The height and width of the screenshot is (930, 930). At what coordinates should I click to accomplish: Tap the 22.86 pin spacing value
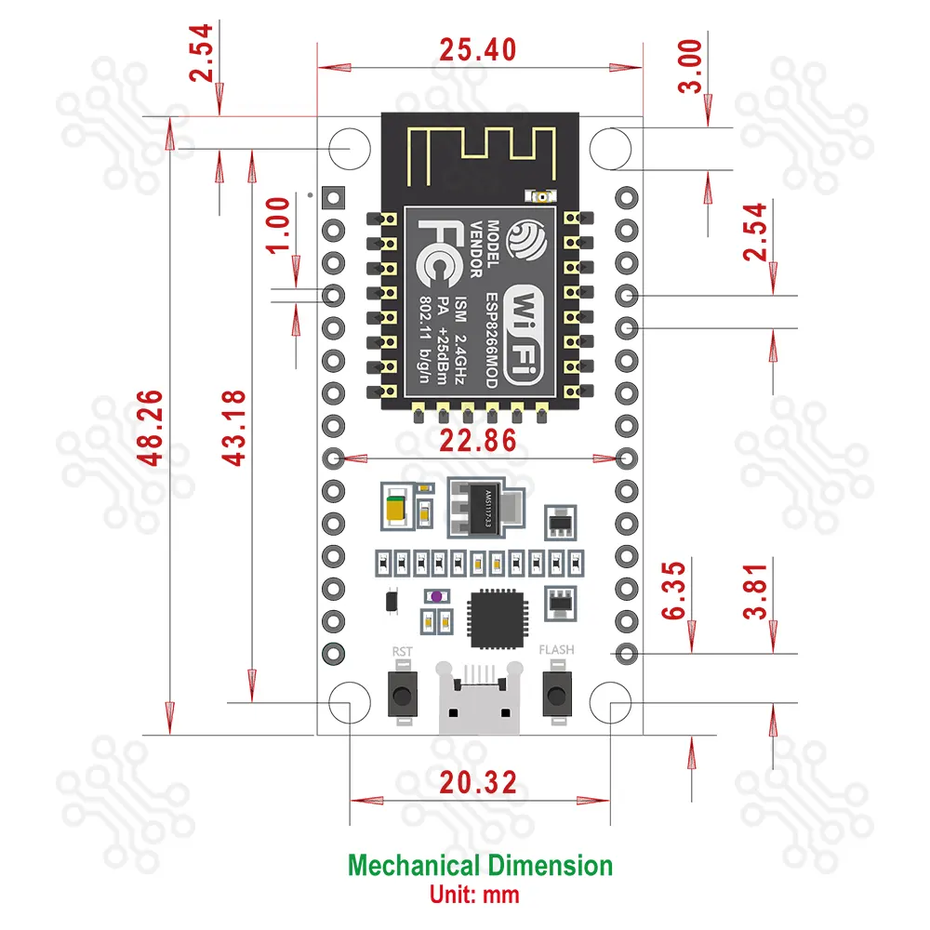(478, 441)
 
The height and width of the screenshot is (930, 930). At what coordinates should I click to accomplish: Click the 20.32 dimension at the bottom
(478, 783)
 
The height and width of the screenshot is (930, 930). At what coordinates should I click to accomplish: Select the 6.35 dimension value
(675, 589)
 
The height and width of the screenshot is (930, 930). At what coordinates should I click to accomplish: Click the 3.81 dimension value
(758, 589)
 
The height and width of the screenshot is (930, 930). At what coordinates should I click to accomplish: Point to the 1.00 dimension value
(279, 224)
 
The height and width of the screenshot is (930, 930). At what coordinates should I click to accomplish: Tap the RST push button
(402, 695)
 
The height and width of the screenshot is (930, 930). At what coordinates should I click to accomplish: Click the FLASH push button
(556, 695)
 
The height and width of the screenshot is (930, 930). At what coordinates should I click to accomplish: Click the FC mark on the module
(437, 252)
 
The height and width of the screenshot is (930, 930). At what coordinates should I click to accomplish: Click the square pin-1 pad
(332, 197)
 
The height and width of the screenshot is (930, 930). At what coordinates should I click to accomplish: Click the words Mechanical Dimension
(480, 866)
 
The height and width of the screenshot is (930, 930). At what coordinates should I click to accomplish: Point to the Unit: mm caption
(474, 896)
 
